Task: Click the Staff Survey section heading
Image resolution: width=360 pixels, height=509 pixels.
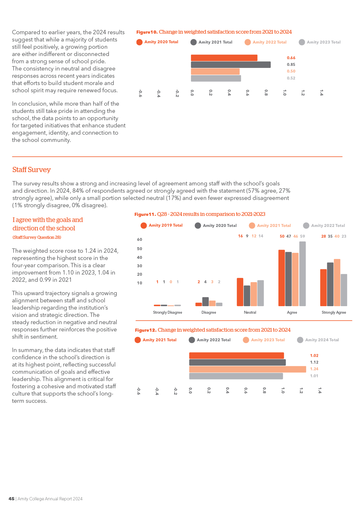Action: click(x=31, y=170)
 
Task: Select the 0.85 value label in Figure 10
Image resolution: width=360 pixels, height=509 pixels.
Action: click(x=291, y=64)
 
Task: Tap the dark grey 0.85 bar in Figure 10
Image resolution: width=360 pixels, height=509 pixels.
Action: click(x=231, y=65)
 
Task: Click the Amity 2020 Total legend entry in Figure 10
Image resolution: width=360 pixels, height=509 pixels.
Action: click(x=157, y=42)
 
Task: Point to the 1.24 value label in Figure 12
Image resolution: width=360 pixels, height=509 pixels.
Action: click(x=314, y=369)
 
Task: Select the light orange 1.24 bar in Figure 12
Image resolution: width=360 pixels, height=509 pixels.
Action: click(x=248, y=369)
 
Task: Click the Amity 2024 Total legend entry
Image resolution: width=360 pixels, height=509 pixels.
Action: click(x=318, y=340)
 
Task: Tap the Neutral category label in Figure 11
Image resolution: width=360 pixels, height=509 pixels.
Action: click(x=250, y=312)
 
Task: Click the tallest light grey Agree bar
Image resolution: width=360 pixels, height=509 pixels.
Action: click(x=303, y=274)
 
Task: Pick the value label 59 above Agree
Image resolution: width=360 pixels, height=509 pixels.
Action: click(x=303, y=236)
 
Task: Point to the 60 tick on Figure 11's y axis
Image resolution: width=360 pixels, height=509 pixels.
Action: click(x=140, y=239)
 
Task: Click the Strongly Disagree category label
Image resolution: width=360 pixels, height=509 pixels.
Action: click(x=168, y=312)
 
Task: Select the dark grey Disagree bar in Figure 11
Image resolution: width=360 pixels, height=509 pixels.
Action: click(x=206, y=302)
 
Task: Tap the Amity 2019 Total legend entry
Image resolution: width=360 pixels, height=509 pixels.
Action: click(x=161, y=225)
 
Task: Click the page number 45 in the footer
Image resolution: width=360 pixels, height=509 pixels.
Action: click(x=11, y=499)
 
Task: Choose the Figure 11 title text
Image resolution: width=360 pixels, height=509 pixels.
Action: click(x=200, y=214)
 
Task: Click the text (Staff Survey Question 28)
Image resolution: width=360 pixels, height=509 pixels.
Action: click(x=37, y=237)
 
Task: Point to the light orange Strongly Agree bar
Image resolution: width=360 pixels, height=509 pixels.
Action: click(x=337, y=283)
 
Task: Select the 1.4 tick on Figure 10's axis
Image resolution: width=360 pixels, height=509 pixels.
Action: click(x=321, y=93)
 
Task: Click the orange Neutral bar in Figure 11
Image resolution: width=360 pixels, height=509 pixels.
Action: click(x=240, y=292)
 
